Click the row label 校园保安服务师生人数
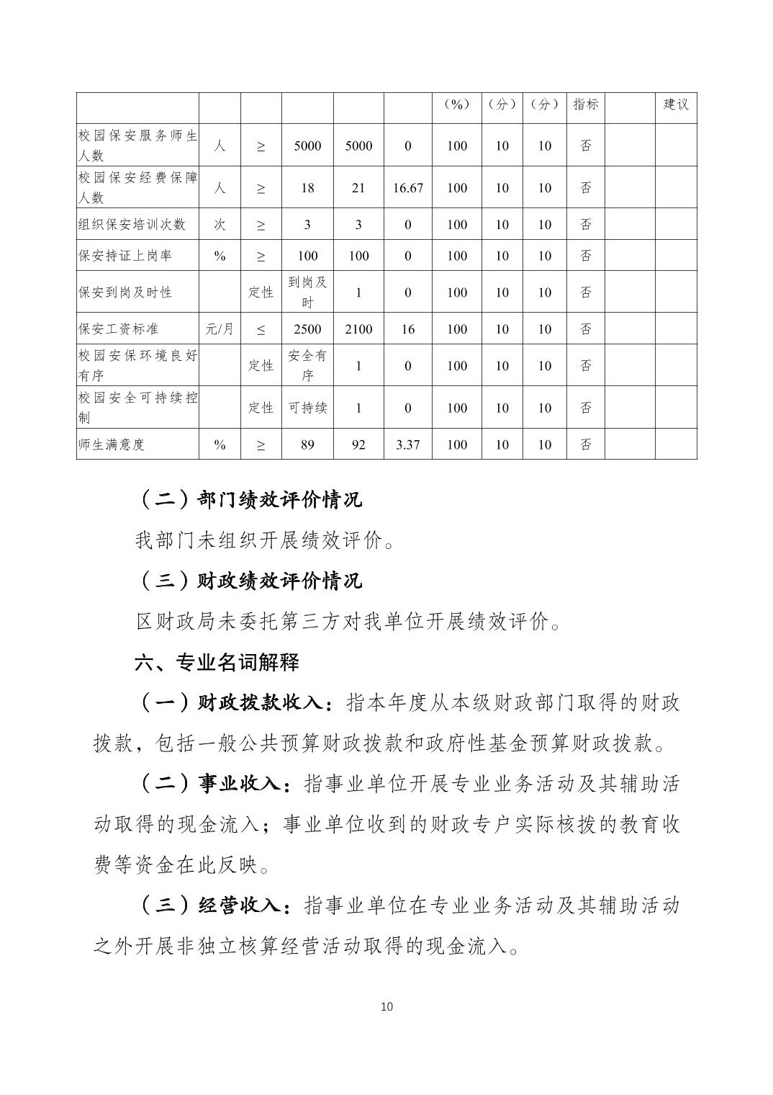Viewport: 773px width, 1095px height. point(137,146)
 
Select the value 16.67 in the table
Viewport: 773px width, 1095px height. point(407,188)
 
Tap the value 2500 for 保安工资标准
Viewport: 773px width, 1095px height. point(307,329)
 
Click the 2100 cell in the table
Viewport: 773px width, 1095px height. point(358,329)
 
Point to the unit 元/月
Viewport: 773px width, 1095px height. point(220,329)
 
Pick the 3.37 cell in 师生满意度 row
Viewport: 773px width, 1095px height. point(407,444)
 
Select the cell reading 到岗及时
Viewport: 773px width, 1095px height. point(307,292)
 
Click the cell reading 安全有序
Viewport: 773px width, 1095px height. point(307,365)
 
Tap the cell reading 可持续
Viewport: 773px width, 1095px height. point(307,408)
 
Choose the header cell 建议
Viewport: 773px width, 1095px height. point(676,104)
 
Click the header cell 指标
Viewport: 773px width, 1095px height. point(586,104)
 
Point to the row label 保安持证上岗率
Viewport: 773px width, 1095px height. point(125,256)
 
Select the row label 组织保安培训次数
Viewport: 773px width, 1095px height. point(132,225)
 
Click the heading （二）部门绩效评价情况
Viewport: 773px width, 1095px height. point(249,499)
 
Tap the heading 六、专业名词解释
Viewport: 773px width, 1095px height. point(217,662)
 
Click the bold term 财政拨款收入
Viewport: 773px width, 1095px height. point(258,703)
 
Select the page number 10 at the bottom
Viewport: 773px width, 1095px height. point(386,1006)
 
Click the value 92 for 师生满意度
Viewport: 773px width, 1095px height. point(358,444)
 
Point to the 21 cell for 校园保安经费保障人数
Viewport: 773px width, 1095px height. point(358,188)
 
